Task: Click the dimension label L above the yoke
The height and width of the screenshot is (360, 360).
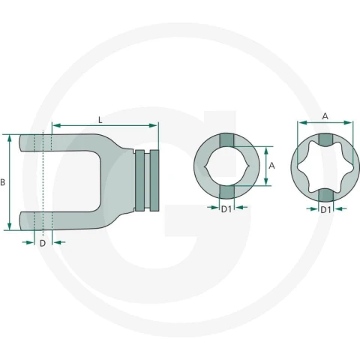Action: pyautogui.click(x=100, y=120)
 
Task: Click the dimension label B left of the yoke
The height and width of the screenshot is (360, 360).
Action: pyautogui.click(x=3, y=182)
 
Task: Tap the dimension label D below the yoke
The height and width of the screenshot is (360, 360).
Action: pyautogui.click(x=43, y=243)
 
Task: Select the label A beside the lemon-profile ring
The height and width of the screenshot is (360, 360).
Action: pyautogui.click(x=271, y=166)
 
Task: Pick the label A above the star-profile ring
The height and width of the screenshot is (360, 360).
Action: pyautogui.click(x=325, y=116)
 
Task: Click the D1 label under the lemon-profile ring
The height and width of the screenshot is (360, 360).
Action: pyautogui.click(x=226, y=209)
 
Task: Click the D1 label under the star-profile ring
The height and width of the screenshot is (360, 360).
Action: pyautogui.click(x=325, y=210)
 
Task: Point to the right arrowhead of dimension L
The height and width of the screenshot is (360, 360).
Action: pyautogui.click(x=153, y=125)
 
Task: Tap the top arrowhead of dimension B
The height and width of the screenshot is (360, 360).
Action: pyautogui.click(x=10, y=139)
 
